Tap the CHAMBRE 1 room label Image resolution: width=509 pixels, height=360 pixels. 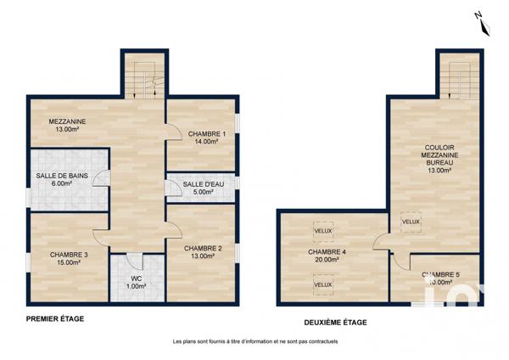click(206, 138)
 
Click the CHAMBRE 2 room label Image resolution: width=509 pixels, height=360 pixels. click(203, 252)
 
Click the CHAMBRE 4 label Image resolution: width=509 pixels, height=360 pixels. click(322, 256)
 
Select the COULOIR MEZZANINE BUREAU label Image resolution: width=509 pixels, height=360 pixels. click(439, 158)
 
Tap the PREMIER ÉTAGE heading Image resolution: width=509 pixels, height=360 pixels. click(54, 319)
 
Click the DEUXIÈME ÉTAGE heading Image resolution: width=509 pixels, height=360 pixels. click(335, 322)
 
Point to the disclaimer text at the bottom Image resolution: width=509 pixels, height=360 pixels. click(255, 341)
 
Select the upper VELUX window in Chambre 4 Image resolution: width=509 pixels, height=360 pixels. click(322, 230)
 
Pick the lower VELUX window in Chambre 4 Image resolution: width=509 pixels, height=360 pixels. click(322, 284)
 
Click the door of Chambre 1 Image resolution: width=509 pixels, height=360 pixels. click(172, 129)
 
